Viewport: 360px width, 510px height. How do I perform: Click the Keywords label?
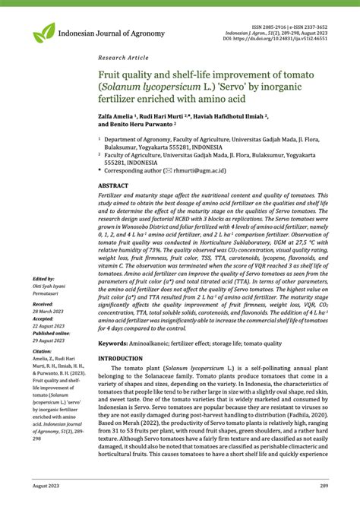112,344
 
